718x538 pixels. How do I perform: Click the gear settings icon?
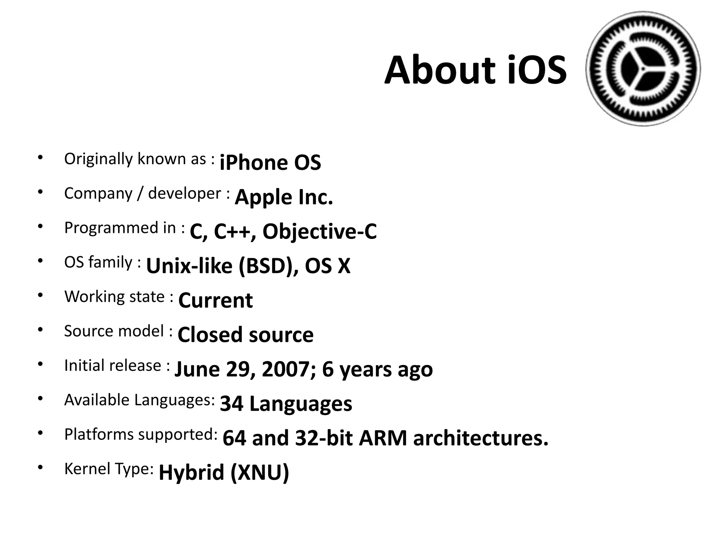click(643, 69)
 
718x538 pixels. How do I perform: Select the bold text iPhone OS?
click(270, 163)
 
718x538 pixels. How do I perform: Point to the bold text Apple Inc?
click(284, 197)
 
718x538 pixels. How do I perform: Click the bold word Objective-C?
click(319, 232)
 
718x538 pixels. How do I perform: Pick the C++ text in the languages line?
click(232, 232)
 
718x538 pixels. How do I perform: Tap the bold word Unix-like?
click(189, 266)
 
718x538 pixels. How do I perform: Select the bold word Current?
click(215, 300)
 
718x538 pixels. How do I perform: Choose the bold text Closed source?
click(245, 334)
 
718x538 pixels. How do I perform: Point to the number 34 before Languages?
click(231, 403)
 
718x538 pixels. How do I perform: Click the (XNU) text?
click(260, 472)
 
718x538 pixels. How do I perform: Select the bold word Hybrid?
click(191, 472)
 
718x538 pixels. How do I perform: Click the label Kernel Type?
click(109, 469)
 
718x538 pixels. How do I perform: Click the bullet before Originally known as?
click(41, 157)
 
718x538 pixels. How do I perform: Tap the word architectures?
click(481, 438)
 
